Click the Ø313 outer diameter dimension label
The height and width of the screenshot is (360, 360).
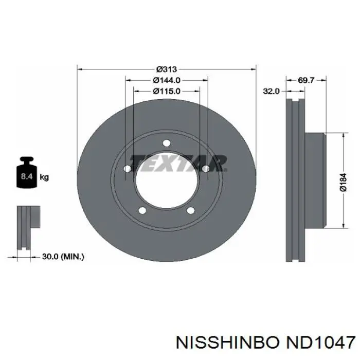(x=167, y=69)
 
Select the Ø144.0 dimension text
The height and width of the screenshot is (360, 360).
(x=167, y=80)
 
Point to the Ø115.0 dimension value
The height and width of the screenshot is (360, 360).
(x=167, y=91)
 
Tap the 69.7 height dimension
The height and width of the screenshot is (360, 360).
(x=306, y=80)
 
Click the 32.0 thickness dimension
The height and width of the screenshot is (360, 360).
(x=271, y=92)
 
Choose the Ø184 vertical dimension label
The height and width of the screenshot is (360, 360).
(x=343, y=182)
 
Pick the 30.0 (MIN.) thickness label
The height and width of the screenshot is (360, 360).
(x=63, y=257)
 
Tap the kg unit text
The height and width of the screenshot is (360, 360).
(x=44, y=177)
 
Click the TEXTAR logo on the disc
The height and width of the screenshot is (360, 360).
(x=178, y=163)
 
